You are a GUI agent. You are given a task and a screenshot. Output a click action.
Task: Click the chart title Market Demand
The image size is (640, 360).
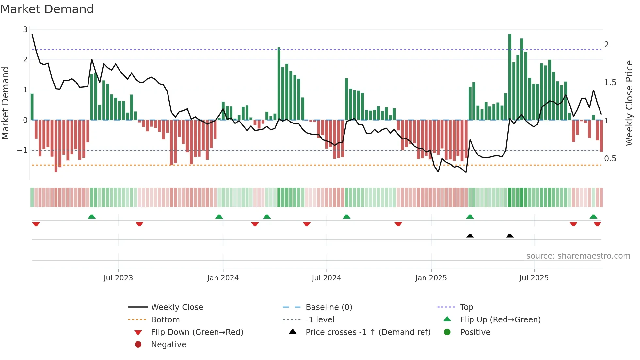pyautogui.click(x=47, y=9)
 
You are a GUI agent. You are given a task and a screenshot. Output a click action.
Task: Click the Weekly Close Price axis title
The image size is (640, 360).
pyautogui.click(x=629, y=103)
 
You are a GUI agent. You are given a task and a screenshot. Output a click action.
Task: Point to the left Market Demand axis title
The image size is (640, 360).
pyautogui.click(x=6, y=103)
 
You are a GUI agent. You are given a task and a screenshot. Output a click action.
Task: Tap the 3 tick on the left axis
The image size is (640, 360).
pyautogui.click(x=25, y=30)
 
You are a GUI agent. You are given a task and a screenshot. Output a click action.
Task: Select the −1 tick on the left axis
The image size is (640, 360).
pyautogui.click(x=22, y=150)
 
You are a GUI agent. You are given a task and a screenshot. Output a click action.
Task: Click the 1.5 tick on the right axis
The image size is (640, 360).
pyautogui.click(x=610, y=83)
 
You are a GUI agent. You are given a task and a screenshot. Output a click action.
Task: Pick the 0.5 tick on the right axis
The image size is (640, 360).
pyautogui.click(x=610, y=159)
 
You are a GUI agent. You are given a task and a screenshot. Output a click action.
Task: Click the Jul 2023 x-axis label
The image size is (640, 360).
pyautogui.click(x=118, y=278)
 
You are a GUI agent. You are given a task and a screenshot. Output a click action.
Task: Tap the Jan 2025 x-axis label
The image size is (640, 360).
pyautogui.click(x=431, y=278)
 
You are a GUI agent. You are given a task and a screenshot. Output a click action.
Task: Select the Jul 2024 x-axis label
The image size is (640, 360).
pyautogui.click(x=326, y=278)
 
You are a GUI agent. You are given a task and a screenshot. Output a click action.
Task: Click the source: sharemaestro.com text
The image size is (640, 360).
pyautogui.click(x=578, y=256)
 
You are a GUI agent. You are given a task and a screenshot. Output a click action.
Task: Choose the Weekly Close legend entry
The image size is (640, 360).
pyautogui.click(x=177, y=307)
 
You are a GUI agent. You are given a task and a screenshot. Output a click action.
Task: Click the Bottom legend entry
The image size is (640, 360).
pyautogui.click(x=165, y=320)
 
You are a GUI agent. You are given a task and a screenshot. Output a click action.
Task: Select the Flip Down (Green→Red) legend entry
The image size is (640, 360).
pyautogui.click(x=197, y=332)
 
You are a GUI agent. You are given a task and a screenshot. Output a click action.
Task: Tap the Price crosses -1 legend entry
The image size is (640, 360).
pyautogui.click(x=368, y=332)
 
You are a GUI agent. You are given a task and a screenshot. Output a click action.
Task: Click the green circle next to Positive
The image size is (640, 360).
pyautogui.click(x=447, y=332)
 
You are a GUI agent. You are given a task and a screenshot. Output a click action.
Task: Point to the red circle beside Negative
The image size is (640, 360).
pyautogui.click(x=138, y=345)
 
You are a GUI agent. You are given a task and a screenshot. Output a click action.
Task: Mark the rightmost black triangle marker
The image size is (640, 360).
pyautogui.click(x=510, y=236)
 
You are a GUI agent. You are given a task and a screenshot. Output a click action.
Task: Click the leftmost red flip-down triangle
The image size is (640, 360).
pyautogui.click(x=36, y=224)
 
